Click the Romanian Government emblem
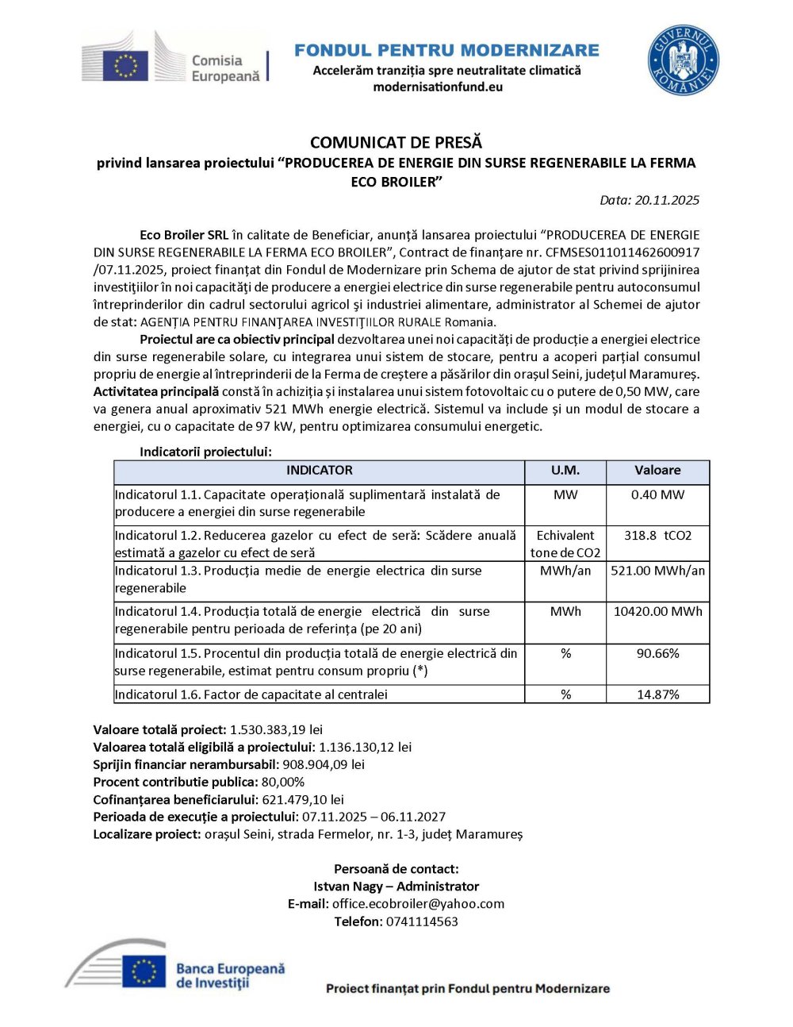[x=683, y=60]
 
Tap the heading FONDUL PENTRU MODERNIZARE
[x=446, y=50]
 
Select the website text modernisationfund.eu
[x=438, y=87]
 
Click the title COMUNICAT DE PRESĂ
[x=396, y=143]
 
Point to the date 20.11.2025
[x=667, y=200]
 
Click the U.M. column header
[x=565, y=471]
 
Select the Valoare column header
[x=657, y=471]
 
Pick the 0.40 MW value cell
[x=657, y=495]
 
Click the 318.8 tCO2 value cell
[x=657, y=536]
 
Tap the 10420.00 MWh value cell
[x=657, y=612]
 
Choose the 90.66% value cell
[x=657, y=654]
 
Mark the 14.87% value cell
[x=657, y=694]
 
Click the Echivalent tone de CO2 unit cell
[x=565, y=544]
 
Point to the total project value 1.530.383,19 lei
[x=276, y=729]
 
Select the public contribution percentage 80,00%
[x=283, y=782]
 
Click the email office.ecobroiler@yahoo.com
[x=418, y=904]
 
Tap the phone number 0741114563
[x=422, y=921]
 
